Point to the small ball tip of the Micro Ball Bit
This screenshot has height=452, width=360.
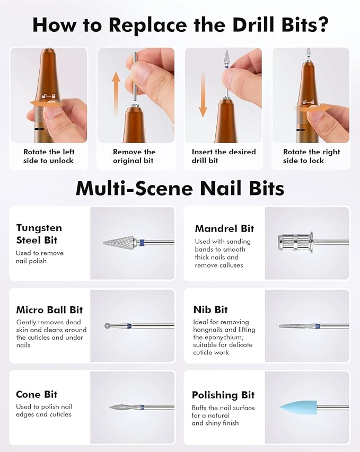108,325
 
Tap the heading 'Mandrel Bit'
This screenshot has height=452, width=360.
224,228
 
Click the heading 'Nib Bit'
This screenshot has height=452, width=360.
210,309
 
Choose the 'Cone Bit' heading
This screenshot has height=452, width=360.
37,394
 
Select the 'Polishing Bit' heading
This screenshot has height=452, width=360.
223,395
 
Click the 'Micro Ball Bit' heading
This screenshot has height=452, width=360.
49,309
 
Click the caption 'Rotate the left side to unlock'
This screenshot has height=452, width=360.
48,156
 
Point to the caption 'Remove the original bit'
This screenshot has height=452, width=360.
134,156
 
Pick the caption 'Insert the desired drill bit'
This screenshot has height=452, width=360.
224,156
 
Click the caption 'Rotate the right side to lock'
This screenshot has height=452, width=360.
310,156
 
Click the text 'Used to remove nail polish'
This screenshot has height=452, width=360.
40,256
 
